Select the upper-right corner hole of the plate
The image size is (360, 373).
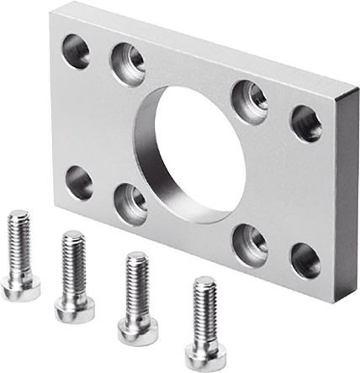click(x=306, y=123)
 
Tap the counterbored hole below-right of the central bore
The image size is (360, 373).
click(x=251, y=243)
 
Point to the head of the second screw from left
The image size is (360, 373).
click(x=75, y=307)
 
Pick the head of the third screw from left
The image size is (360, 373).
click(x=137, y=329)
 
